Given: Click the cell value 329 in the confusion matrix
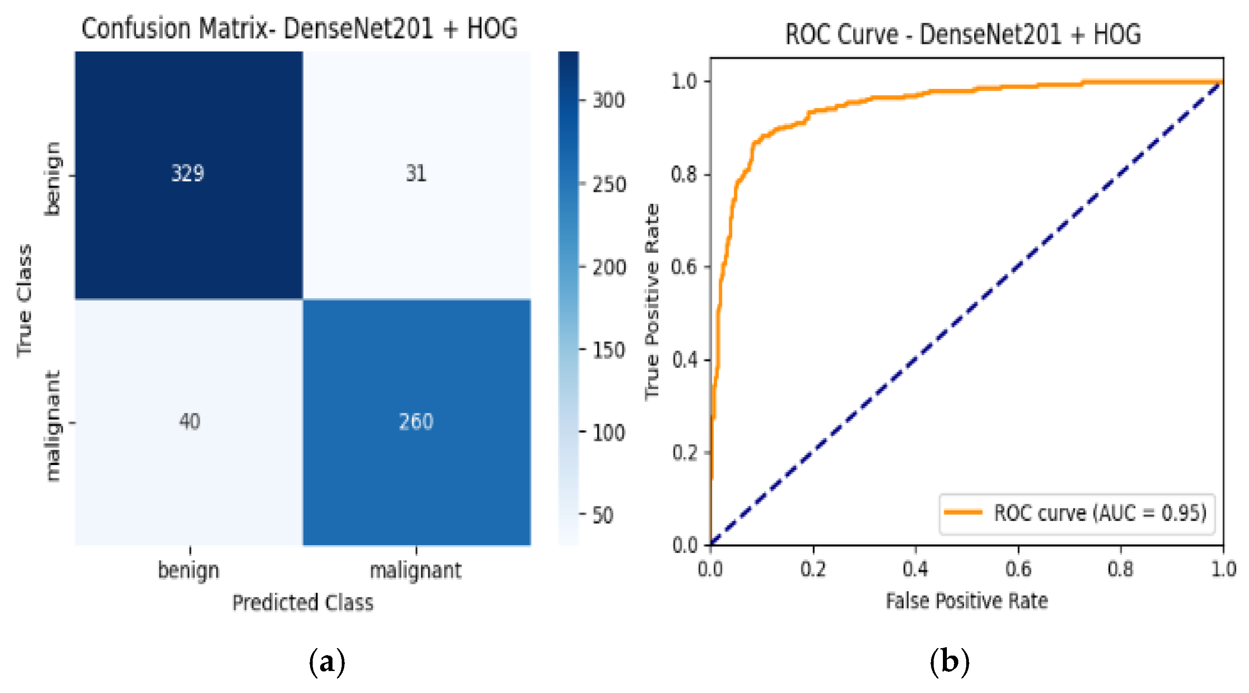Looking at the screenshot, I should coord(188,173).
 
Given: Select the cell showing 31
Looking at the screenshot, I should coord(416,173).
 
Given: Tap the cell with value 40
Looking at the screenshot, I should coord(189,421).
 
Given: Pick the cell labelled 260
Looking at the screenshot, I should coord(416,421).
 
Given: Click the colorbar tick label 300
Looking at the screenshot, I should coord(609,100).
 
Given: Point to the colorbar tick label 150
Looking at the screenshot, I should coord(609,350).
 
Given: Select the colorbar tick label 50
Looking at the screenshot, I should coord(603,515).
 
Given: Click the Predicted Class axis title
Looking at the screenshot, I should coord(303,602).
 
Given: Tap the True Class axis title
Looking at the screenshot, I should coord(24,301).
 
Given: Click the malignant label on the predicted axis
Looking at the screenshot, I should coord(416,570).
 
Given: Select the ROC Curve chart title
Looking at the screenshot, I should coord(962,34).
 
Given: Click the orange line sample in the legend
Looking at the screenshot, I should coord(963,512).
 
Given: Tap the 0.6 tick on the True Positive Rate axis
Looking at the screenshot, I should coord(684,267).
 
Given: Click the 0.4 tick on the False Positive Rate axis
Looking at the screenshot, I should coord(915,569).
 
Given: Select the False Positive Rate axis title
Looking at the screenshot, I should coord(967,600).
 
